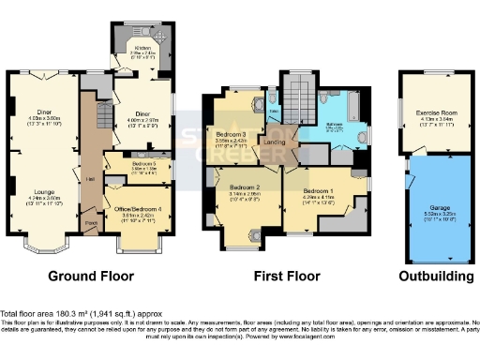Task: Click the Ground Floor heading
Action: point(91,277)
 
